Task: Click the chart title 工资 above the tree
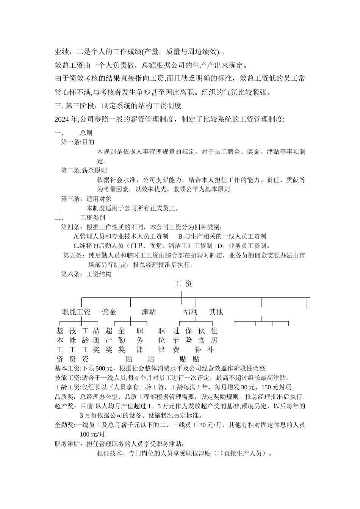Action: point(183,284)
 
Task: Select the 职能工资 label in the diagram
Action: point(76,312)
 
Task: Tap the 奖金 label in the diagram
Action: point(109,312)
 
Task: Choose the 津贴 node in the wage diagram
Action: point(149,312)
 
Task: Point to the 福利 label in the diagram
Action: point(191,312)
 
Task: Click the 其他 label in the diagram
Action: point(216,312)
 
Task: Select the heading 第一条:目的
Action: point(78,142)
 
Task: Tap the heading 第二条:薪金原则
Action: point(84,170)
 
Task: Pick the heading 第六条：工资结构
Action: point(86,274)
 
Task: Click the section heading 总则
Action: point(86,133)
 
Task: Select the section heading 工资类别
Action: point(92,218)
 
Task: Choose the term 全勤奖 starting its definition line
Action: point(64,425)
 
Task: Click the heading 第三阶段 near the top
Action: point(75,105)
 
